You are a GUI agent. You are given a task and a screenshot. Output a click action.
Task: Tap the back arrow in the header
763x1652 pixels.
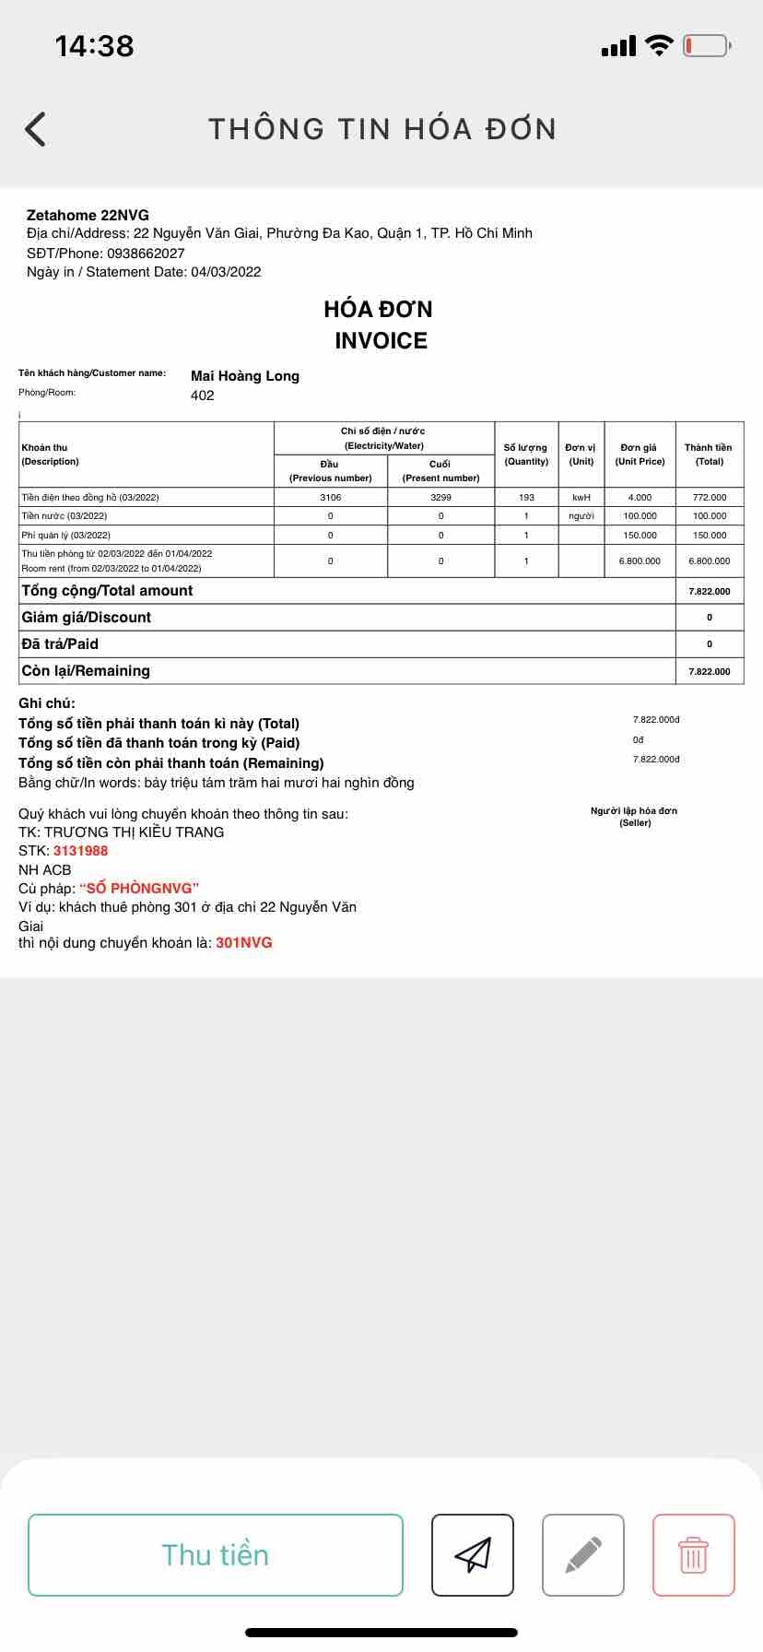(35, 129)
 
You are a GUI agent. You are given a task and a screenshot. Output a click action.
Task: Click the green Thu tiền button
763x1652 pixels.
(216, 1554)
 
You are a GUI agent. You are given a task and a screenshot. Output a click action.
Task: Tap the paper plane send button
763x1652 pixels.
(473, 1554)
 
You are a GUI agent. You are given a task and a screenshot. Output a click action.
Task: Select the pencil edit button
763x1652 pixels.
(583, 1554)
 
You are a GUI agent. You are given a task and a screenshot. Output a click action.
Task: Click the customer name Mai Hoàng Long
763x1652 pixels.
(245, 376)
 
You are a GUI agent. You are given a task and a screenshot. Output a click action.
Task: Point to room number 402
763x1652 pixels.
(203, 395)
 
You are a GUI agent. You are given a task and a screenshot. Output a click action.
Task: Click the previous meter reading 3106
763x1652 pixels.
(331, 497)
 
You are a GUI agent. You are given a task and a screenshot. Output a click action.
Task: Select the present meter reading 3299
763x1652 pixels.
(440, 497)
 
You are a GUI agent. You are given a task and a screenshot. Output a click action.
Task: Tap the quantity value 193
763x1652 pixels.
(526, 497)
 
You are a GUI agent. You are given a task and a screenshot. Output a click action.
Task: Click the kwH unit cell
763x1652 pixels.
(581, 497)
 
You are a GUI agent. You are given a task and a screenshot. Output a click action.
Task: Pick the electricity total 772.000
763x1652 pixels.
(710, 497)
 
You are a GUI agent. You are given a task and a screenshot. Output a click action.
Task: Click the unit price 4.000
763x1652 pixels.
(640, 497)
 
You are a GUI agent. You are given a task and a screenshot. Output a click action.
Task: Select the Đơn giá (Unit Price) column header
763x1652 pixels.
(640, 454)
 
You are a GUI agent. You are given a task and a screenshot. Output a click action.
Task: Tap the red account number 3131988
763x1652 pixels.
(81, 851)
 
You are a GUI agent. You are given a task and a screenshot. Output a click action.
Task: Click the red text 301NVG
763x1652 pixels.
(244, 943)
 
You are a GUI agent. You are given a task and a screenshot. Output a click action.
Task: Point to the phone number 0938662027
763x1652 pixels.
(146, 254)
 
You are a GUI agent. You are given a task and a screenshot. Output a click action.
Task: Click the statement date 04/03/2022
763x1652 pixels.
(226, 272)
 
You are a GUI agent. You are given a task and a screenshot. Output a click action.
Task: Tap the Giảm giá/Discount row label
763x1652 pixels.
(87, 618)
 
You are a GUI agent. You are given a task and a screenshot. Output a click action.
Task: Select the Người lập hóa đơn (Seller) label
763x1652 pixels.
(634, 817)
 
